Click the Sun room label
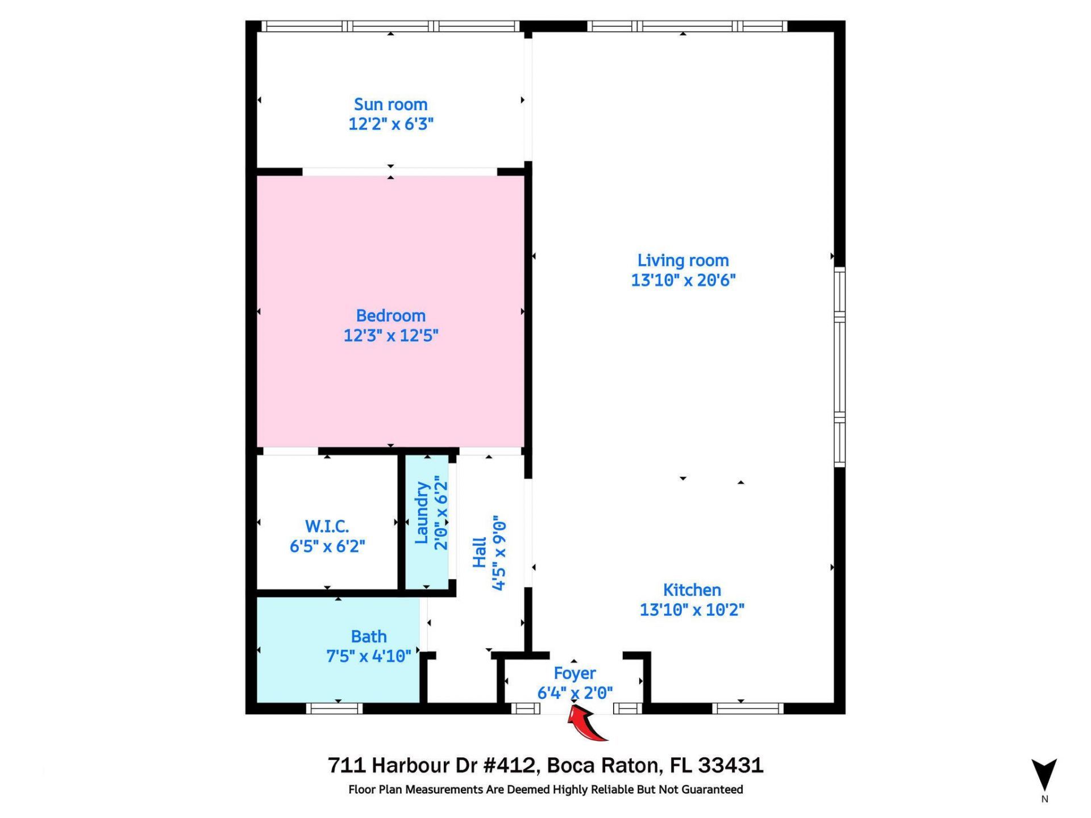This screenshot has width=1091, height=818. pyautogui.click(x=390, y=105)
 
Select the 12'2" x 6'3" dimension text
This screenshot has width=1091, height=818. pyautogui.click(x=390, y=124)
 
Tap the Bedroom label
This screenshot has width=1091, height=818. pyautogui.click(x=390, y=316)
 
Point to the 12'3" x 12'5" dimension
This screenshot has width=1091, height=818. pyautogui.click(x=390, y=336)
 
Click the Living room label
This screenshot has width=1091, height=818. pyautogui.click(x=682, y=261)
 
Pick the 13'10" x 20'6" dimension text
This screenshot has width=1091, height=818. pyautogui.click(x=683, y=280)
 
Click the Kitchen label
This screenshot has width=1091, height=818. pyautogui.click(x=692, y=590)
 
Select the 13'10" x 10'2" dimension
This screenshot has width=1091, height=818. pyautogui.click(x=692, y=610)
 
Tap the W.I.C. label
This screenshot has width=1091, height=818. pyautogui.click(x=327, y=527)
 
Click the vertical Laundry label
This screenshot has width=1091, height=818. pyautogui.click(x=421, y=513)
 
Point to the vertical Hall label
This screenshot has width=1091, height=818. pyautogui.click(x=480, y=553)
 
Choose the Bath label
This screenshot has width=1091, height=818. pyautogui.click(x=368, y=637)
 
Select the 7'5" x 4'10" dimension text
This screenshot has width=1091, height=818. pyautogui.click(x=368, y=657)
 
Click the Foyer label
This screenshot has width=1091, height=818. pyautogui.click(x=574, y=674)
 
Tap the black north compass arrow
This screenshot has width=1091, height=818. pyautogui.click(x=1044, y=774)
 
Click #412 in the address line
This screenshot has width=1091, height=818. pyautogui.click(x=509, y=766)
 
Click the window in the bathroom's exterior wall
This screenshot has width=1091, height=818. pyautogui.click(x=334, y=708)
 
